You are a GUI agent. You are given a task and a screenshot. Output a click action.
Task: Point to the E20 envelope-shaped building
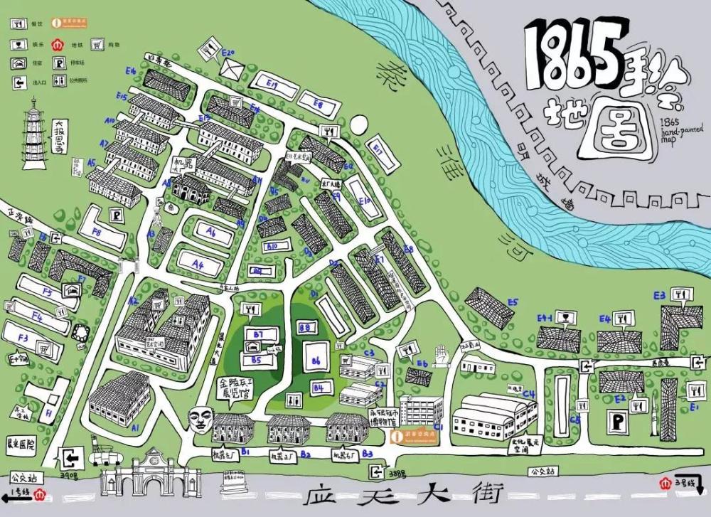pos(232,68)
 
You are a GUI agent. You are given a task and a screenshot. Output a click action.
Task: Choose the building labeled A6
pos(210,232)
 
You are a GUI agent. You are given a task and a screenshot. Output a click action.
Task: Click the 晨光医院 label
pos(21,443)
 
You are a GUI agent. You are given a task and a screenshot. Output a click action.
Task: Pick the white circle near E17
pos(359,125)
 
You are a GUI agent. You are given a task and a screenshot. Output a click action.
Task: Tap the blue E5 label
pos(513,302)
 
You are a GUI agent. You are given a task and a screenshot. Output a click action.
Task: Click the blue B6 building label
pos(316,361)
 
